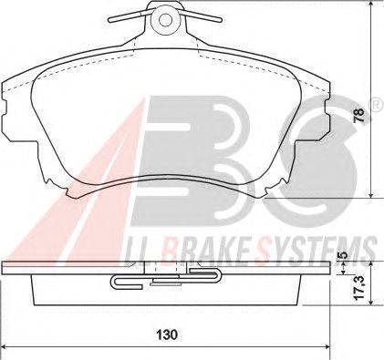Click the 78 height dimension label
tap(359, 115)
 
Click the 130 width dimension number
tap(167, 334)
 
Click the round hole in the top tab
tap(164, 20)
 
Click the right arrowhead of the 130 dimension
tap(327, 346)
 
